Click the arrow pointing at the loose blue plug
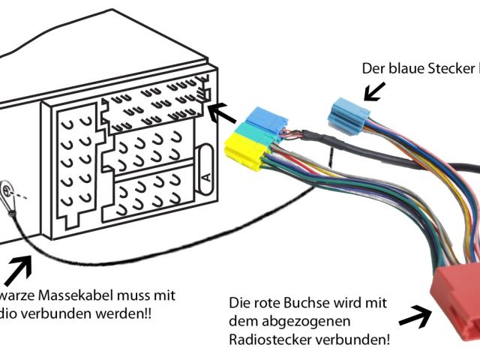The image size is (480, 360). [376, 91]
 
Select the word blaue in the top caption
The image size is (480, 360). [404, 68]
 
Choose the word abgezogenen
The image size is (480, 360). [294, 321]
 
